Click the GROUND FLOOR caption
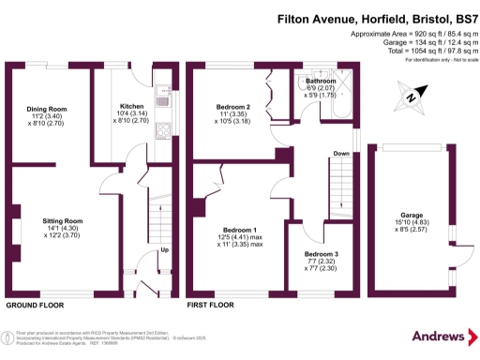tap(36, 306)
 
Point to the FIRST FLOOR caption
tap(212, 306)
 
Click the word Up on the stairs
tap(165, 249)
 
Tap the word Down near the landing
tap(343, 154)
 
